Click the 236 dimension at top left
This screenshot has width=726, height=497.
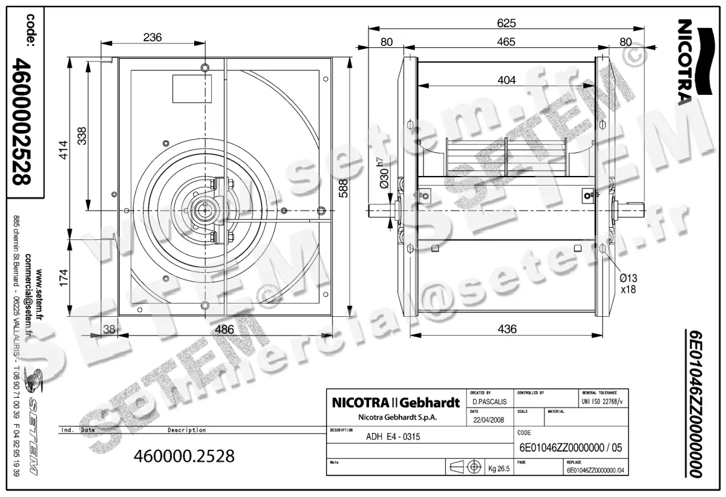point(152,37)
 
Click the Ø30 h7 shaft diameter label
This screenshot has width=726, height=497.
point(383,175)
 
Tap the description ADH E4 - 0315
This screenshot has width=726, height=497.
point(393,437)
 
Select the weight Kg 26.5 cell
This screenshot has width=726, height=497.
point(500,468)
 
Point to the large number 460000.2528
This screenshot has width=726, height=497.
point(183,456)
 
